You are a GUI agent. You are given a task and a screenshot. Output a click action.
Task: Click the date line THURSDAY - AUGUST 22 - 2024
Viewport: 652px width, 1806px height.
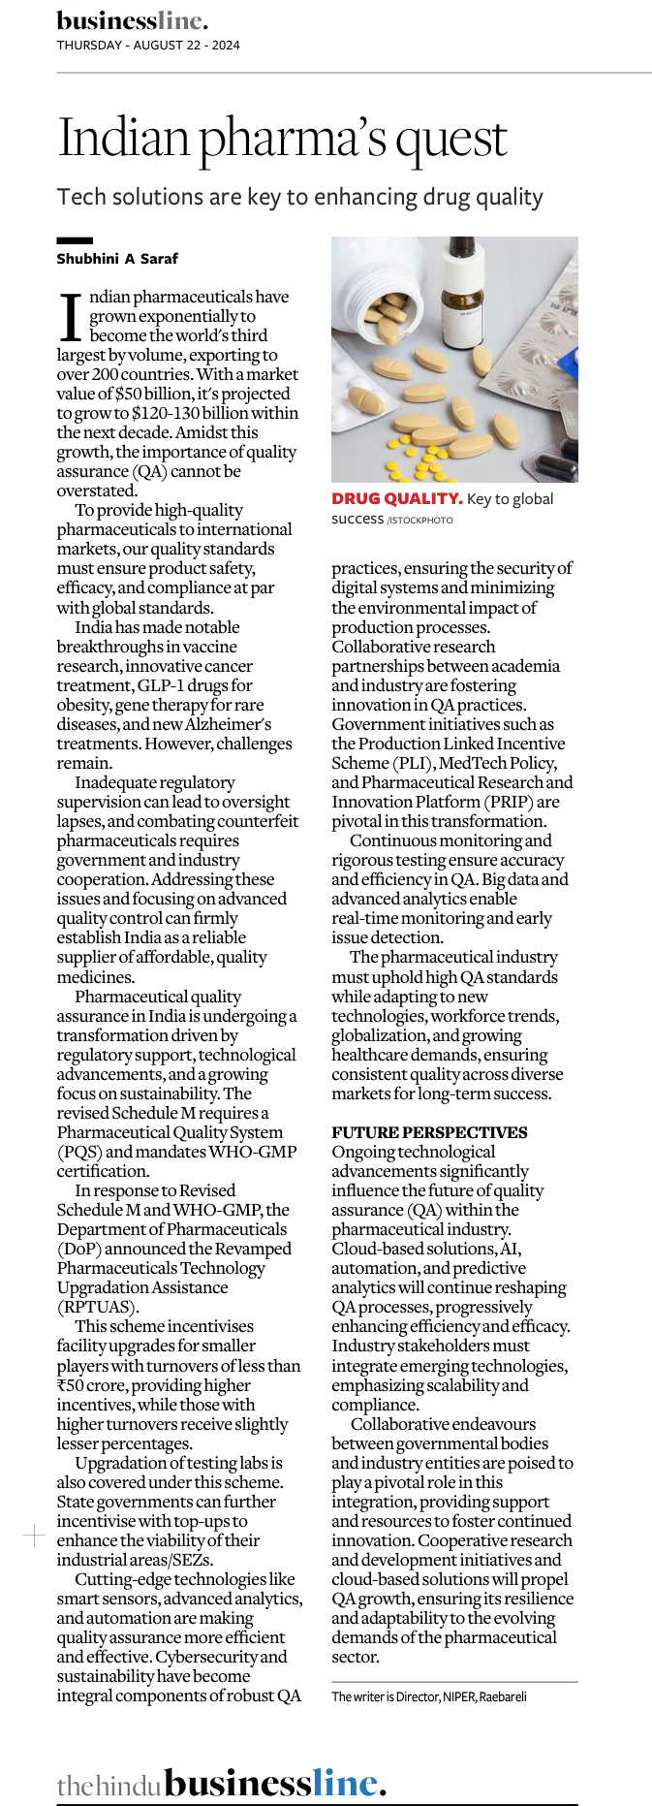point(148,45)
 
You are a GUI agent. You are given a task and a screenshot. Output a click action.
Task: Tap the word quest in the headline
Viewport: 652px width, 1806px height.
point(452,138)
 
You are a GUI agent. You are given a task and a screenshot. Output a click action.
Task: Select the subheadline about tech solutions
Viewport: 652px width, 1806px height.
point(299,197)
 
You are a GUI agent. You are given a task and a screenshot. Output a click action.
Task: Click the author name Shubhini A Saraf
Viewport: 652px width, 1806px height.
point(117,259)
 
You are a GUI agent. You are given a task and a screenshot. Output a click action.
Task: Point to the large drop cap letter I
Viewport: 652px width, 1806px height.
point(72,317)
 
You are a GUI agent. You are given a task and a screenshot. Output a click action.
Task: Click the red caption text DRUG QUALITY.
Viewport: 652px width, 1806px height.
point(396,498)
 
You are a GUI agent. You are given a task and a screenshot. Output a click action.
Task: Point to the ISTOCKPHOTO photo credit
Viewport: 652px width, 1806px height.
point(419,521)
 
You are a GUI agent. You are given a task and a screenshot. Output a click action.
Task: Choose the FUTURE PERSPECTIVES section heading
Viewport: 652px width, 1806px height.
point(429,1132)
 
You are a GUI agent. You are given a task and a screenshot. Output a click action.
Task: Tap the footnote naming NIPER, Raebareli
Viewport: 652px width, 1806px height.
point(429,1696)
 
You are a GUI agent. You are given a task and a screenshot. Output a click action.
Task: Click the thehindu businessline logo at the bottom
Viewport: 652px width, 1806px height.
point(222,1783)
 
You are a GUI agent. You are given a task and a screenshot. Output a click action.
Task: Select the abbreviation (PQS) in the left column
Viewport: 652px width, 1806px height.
point(78,1152)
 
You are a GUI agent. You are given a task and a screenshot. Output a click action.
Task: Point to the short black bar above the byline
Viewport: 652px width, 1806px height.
point(75,240)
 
